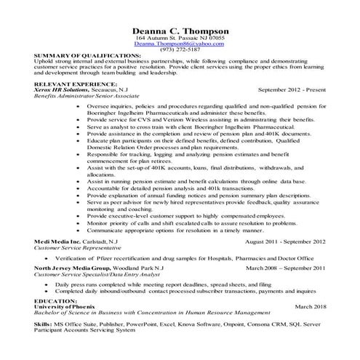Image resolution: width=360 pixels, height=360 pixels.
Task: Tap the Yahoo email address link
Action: tap(180, 44)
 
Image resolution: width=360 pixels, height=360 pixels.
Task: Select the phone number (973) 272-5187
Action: tap(180, 49)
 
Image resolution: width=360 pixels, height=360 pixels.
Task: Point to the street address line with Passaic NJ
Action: tap(180, 38)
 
